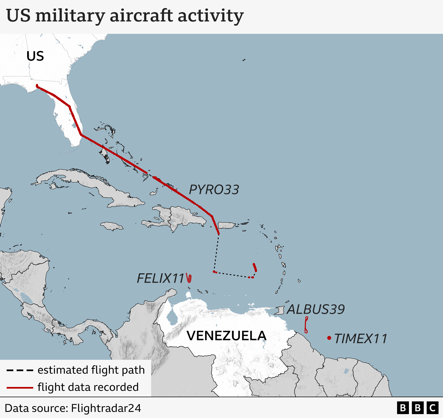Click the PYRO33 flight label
point(214,190)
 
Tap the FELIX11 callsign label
point(161,278)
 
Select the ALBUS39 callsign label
point(316,309)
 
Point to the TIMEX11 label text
point(360,338)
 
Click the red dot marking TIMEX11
point(329,338)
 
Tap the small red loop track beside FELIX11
point(189,278)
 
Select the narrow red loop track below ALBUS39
point(306,325)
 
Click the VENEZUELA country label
point(226,336)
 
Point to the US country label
point(35,56)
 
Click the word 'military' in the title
point(70,16)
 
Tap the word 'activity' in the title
point(210,16)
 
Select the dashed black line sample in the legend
point(20,370)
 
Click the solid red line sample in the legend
point(20,388)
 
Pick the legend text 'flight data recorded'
point(88,387)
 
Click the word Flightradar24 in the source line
point(106,408)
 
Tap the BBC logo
point(418,408)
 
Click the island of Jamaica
point(112,226)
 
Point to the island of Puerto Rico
point(227,225)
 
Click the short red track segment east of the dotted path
point(255,267)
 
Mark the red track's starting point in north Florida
point(37,86)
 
